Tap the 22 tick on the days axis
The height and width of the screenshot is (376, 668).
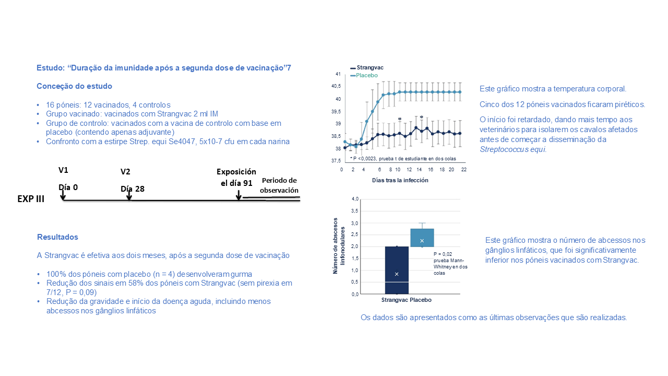[x=463, y=170]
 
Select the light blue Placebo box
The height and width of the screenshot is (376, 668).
[x=422, y=238]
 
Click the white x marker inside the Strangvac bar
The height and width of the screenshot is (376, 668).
[x=397, y=274]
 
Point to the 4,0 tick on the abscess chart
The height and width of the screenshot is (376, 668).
[x=355, y=199]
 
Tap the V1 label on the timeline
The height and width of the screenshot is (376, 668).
[x=64, y=170]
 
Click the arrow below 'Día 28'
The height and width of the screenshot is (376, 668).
[x=129, y=195]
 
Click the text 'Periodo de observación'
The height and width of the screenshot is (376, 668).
[x=279, y=185]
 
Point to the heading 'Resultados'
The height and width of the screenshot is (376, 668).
[x=57, y=237]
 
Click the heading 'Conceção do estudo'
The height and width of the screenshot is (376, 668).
[x=74, y=86]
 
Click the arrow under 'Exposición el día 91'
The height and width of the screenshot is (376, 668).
[x=238, y=195]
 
